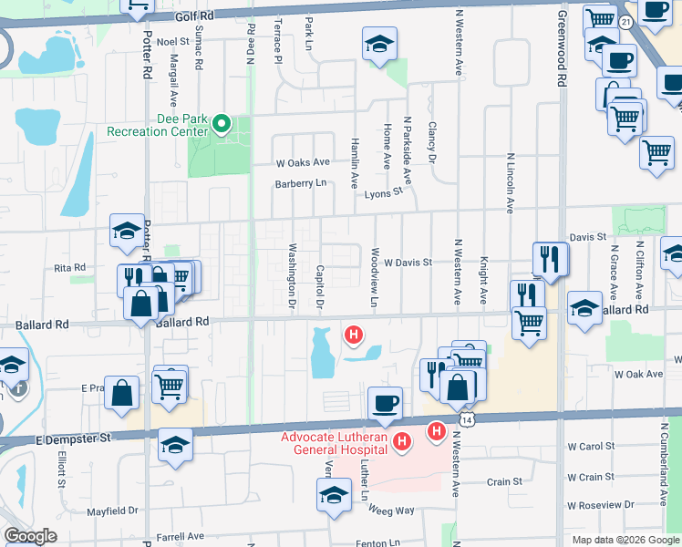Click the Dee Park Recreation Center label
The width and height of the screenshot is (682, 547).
tap(158, 126)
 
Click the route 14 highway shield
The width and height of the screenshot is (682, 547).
tap(467, 418)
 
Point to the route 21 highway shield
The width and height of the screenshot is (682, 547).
tap(624, 20)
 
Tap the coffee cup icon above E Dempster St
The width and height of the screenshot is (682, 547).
tap(385, 402)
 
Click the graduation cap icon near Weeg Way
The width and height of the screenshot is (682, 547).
tap(334, 496)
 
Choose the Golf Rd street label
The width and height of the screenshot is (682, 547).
tap(194, 15)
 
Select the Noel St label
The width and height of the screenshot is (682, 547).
tap(172, 42)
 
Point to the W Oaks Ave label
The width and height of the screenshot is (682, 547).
tap(303, 162)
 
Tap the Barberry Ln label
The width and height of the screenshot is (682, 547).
tap(301, 183)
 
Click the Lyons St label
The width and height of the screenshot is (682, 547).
tap(384, 192)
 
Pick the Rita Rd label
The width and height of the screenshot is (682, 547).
tap(69, 268)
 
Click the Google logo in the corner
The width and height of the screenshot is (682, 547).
tap(30, 536)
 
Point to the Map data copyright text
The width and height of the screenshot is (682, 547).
tap(625, 540)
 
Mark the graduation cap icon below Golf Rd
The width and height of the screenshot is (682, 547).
tap(379, 44)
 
